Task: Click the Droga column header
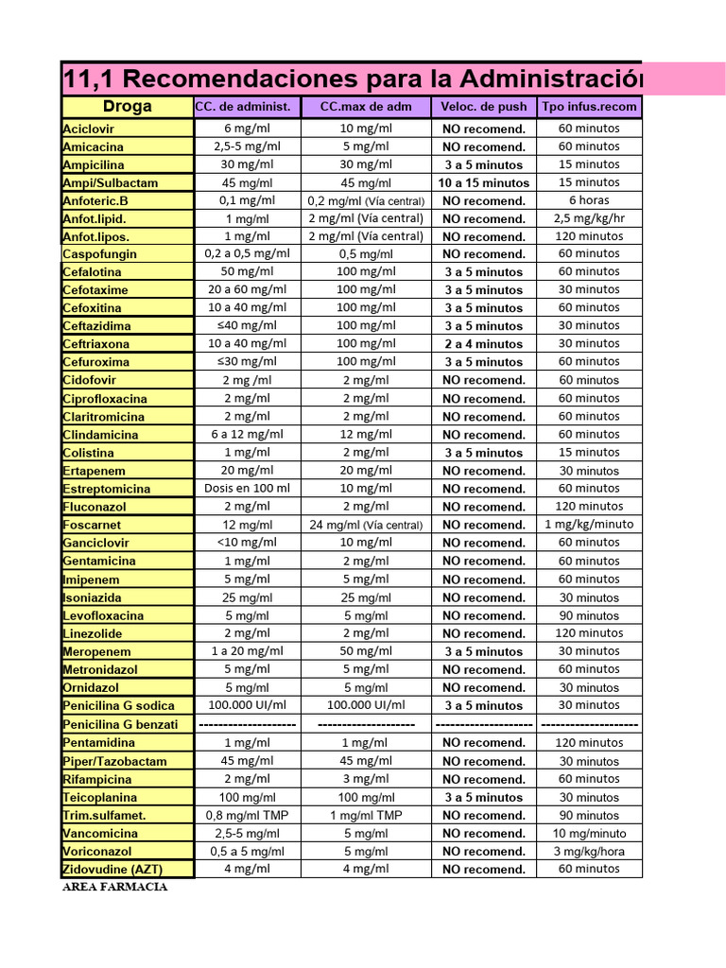click(x=127, y=107)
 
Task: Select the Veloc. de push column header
click(x=483, y=107)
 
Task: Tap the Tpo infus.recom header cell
click(x=589, y=107)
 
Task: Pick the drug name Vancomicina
click(x=100, y=834)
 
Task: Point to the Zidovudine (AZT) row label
click(x=110, y=870)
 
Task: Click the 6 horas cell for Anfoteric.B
click(x=589, y=200)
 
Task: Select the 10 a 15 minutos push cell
click(x=483, y=182)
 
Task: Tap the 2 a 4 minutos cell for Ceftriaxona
click(x=483, y=344)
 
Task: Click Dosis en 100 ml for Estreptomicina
click(x=247, y=489)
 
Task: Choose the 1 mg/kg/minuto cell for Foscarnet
click(x=589, y=525)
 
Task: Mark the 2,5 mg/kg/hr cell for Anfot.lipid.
click(x=589, y=218)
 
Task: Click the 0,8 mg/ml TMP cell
click(x=247, y=815)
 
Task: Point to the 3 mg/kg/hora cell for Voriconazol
click(x=589, y=852)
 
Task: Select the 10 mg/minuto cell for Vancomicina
click(x=589, y=834)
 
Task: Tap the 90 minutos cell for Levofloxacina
click(x=589, y=615)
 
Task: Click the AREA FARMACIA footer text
click(x=115, y=888)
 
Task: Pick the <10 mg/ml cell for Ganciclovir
click(x=247, y=543)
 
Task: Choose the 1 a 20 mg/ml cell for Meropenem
click(x=247, y=651)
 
